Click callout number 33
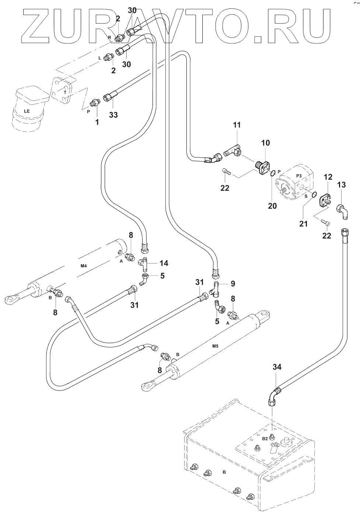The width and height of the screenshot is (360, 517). (113, 115)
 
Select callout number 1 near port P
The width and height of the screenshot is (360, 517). (97, 122)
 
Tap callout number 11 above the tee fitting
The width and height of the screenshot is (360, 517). (237, 125)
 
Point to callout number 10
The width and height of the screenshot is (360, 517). (266, 143)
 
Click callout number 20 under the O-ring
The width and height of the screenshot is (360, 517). (272, 206)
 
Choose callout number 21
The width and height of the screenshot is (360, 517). (303, 223)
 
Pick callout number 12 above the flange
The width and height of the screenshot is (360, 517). (328, 177)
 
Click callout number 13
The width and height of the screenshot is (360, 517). (342, 184)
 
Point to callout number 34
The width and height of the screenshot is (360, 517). (277, 367)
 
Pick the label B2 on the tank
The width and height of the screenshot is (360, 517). (265, 439)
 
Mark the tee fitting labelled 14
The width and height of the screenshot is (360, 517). (144, 263)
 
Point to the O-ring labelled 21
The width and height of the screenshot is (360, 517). (314, 195)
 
